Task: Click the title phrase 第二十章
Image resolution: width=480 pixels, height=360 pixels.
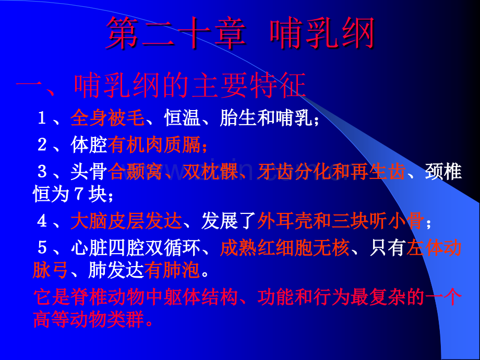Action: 176,33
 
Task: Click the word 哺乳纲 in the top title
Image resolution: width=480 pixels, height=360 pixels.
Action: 322,33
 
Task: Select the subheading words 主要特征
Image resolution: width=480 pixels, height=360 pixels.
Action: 249,86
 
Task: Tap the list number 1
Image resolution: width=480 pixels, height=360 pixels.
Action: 42,118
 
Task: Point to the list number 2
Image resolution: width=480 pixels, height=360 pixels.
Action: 42,145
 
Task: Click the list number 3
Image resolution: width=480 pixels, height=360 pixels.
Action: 42,172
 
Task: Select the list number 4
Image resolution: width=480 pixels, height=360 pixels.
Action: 42,221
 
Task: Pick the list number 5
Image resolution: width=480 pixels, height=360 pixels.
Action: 42,247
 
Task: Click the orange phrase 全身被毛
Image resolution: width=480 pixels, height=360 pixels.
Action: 107,118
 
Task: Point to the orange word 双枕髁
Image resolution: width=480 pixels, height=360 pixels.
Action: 210,172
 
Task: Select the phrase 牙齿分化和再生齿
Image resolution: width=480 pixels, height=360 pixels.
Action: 332,172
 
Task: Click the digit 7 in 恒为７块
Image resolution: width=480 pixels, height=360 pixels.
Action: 79,194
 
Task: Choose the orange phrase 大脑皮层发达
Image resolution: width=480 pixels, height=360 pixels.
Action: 126,221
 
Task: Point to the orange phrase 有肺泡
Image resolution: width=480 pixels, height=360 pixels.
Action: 172,270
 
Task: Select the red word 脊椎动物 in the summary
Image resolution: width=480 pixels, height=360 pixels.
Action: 107,297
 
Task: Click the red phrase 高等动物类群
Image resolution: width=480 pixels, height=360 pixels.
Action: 89,320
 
